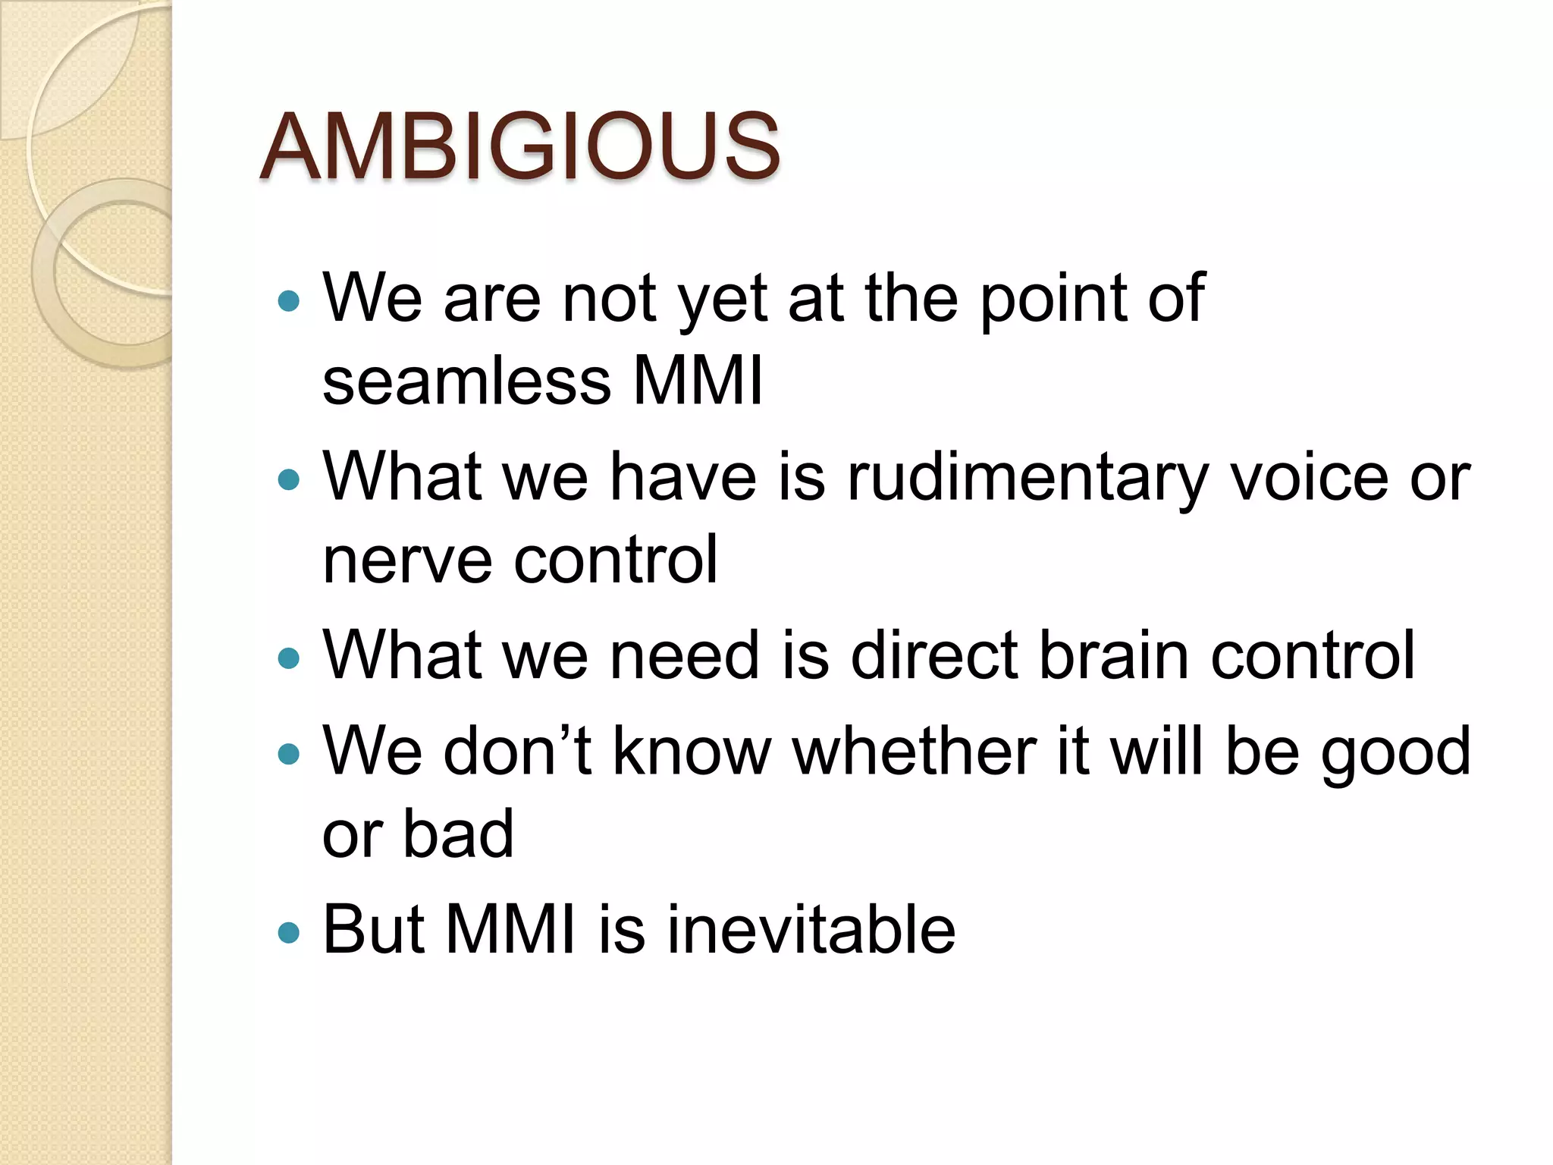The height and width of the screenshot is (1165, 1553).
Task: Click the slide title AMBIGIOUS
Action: point(519,146)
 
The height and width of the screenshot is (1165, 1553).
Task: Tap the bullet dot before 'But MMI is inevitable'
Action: point(289,931)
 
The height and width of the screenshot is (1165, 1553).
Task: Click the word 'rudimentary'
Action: point(1027,479)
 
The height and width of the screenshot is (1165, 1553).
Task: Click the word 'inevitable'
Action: point(811,930)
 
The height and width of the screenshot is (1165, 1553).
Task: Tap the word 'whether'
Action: point(914,751)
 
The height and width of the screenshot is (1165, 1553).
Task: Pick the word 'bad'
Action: point(458,834)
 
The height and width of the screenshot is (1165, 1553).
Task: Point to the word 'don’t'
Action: point(516,751)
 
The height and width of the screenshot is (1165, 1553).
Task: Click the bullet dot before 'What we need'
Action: point(289,657)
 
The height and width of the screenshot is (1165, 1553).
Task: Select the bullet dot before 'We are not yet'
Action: point(289,302)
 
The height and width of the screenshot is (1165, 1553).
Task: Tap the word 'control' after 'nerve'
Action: point(615,560)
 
